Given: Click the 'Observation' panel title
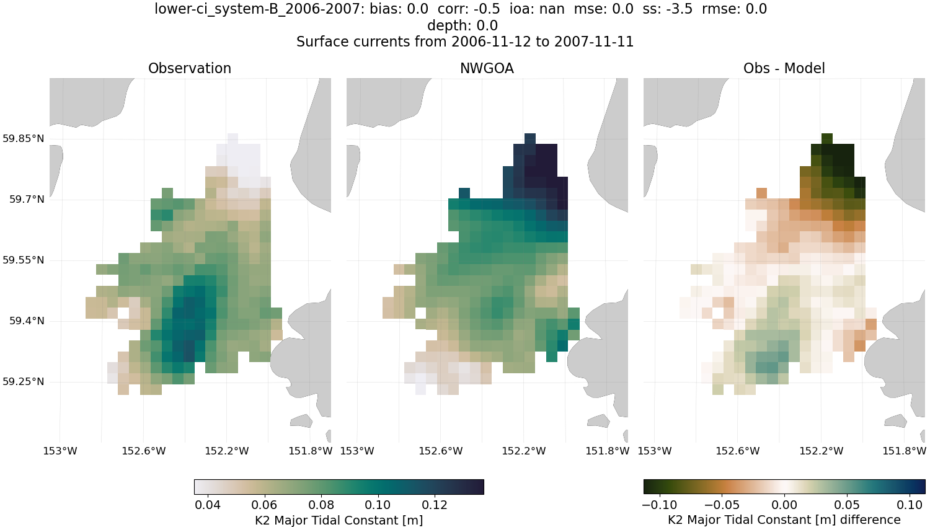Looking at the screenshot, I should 190,68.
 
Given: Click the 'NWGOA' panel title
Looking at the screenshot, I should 487,68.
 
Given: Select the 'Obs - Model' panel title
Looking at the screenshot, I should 784,68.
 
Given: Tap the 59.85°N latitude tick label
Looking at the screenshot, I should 24,138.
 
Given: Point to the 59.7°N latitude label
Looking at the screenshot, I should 27,199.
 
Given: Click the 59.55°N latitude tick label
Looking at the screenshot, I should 24,260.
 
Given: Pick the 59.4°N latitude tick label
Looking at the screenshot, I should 27,321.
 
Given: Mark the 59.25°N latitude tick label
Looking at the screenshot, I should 24,381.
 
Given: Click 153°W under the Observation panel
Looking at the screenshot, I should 60,451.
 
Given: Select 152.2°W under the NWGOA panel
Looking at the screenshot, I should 524,451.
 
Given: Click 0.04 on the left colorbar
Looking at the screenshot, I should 208,505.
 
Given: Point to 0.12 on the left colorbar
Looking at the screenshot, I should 435,505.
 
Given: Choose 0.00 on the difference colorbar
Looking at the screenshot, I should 784,505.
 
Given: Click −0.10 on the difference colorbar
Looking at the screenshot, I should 659,505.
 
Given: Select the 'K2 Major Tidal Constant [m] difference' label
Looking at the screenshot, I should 784,520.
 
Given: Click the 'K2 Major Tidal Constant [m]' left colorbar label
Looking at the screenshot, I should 339,520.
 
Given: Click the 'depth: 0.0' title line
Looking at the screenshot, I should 462,25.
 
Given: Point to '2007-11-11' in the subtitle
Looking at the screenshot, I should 594,42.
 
